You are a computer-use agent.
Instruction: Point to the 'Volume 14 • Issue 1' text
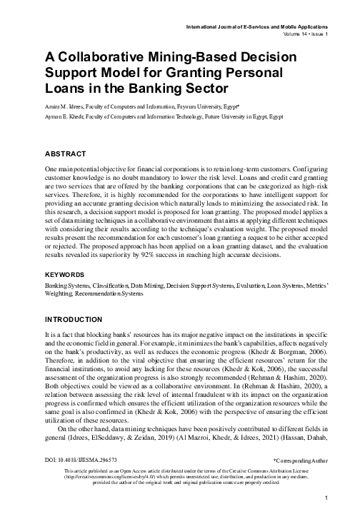[x=301, y=34]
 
